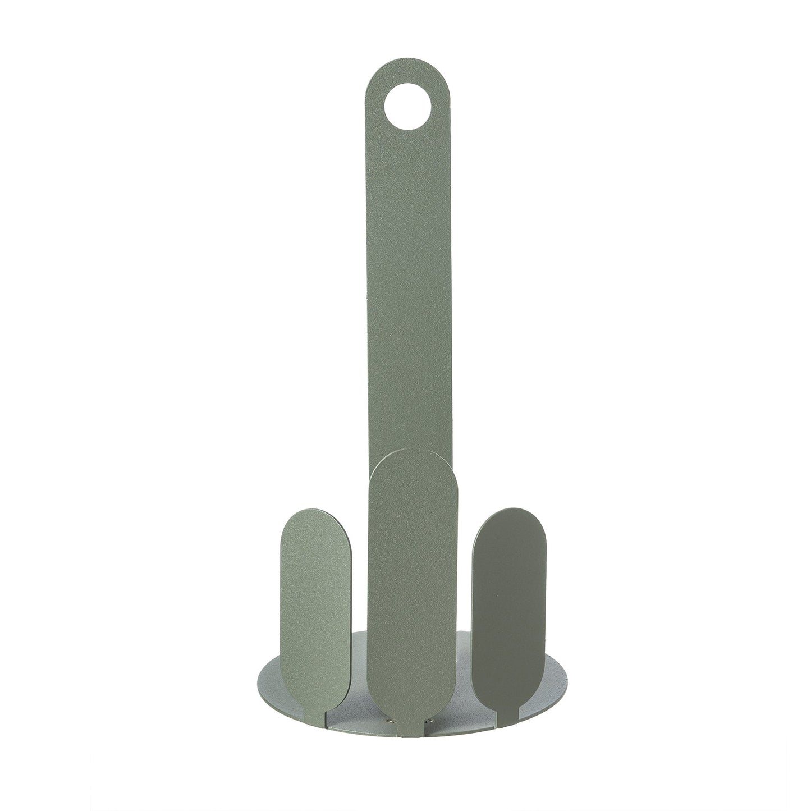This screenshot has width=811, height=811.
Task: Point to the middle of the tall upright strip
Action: pyautogui.click(x=404, y=281)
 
